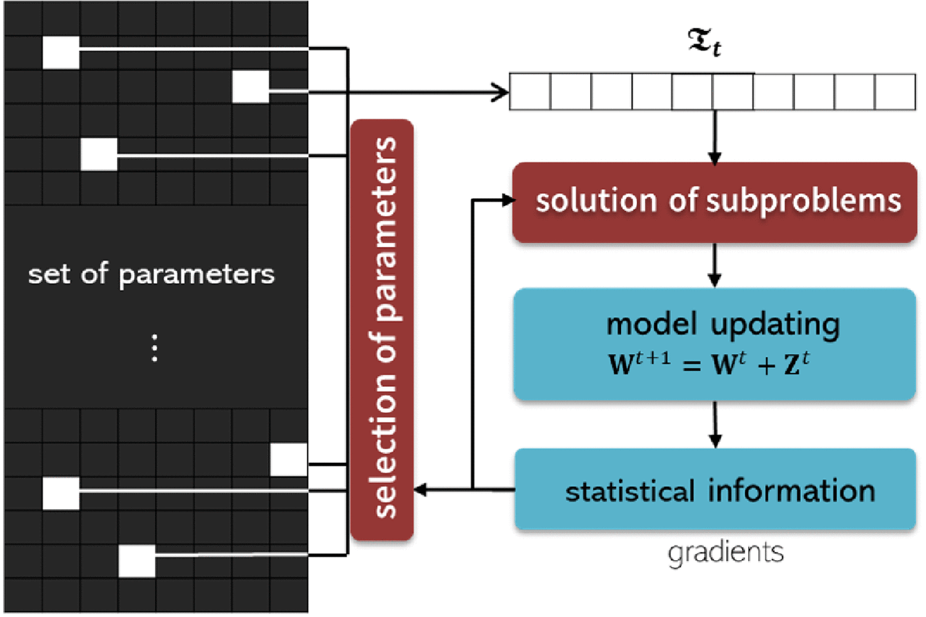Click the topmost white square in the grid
[x=61, y=52]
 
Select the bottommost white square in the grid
[x=137, y=561]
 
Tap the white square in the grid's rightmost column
[x=289, y=460]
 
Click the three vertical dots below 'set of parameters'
[x=154, y=348]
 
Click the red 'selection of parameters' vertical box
[x=382, y=329]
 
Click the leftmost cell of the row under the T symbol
[x=530, y=92]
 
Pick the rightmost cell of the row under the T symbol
[x=895, y=92]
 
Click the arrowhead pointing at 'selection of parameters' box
[x=420, y=490]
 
